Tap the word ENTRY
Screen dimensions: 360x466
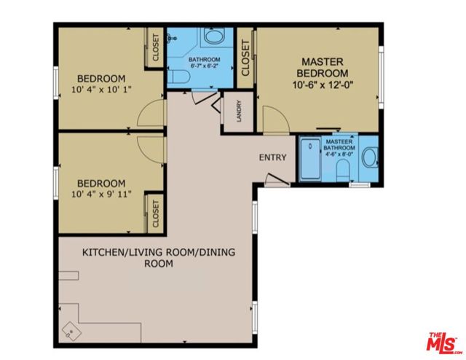coord(272,157)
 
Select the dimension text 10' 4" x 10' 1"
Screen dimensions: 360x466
coord(102,91)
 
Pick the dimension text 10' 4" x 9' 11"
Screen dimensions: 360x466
coord(102,195)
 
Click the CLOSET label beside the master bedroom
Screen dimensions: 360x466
coord(245,58)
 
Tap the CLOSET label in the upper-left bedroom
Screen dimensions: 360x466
coord(155,49)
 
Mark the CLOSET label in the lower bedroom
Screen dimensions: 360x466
coord(155,214)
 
